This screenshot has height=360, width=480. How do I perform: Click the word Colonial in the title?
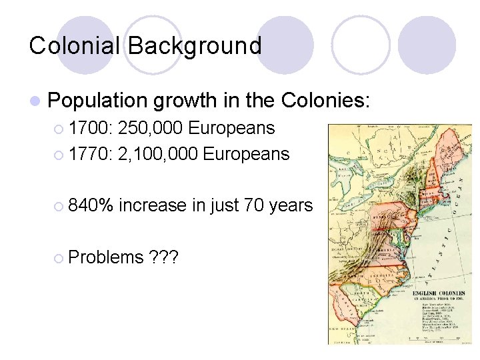(75, 46)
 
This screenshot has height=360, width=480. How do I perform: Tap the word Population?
(98, 101)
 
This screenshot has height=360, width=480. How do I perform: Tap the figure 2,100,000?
(157, 154)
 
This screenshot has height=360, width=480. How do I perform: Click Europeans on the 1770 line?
(247, 154)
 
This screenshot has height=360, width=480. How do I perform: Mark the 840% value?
(91, 205)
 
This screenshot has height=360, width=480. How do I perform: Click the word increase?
(153, 205)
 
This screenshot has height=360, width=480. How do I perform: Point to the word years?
(291, 205)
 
